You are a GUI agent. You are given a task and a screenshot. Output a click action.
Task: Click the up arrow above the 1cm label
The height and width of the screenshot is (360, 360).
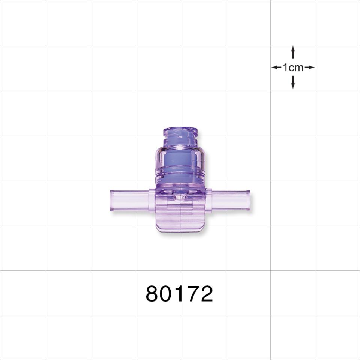[x=293, y=53]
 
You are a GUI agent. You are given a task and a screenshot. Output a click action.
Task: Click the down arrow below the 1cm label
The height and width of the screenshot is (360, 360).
[x=293, y=82]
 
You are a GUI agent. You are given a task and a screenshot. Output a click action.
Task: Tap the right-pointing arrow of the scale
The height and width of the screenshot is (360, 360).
[x=309, y=67]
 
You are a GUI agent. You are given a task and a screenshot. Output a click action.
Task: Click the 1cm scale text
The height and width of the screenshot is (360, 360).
[x=293, y=67]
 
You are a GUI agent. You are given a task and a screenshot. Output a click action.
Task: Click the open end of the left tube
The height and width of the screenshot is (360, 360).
[x=111, y=201]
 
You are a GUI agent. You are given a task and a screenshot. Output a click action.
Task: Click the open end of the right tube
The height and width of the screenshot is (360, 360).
[x=249, y=201]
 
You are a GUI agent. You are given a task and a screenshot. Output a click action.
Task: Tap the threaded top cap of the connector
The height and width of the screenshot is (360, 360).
[x=180, y=135]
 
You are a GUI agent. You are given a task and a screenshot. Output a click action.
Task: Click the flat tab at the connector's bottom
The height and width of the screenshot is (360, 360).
[x=180, y=221]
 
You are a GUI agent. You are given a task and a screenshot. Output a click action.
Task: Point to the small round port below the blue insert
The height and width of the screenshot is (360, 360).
[x=180, y=195]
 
